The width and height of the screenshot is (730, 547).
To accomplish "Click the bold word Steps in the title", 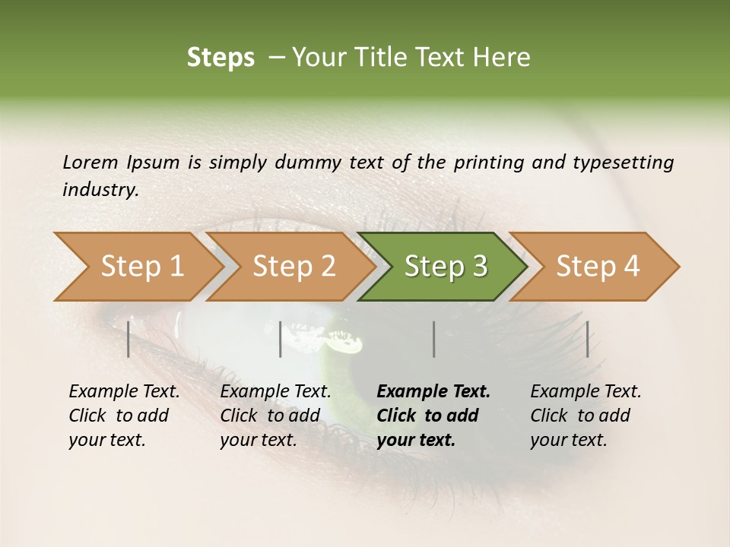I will coord(221,58).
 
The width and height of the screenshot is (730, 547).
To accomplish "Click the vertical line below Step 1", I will coord(129,339).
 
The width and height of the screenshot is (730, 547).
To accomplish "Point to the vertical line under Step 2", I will coord(281,339).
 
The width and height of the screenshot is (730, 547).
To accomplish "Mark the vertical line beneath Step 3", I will coord(433,339).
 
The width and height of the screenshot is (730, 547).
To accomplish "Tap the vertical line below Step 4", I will coord(587,339).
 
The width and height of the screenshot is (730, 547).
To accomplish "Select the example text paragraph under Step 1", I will coord(124,415).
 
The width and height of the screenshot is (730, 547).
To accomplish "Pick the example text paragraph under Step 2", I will coord(275,415).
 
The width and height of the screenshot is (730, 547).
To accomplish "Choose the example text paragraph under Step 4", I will coord(586,415).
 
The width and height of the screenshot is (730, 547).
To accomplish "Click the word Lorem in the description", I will coord(90,162).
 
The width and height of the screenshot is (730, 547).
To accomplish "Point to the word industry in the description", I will coord(100,189).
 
